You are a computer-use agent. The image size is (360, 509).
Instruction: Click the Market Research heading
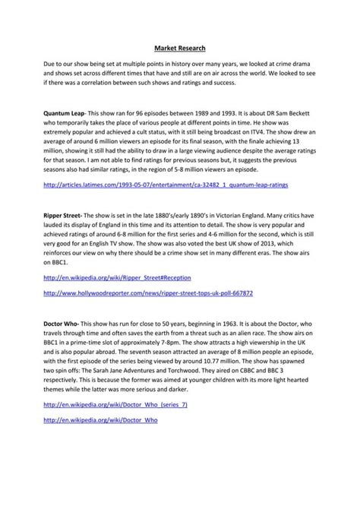[179, 45]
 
